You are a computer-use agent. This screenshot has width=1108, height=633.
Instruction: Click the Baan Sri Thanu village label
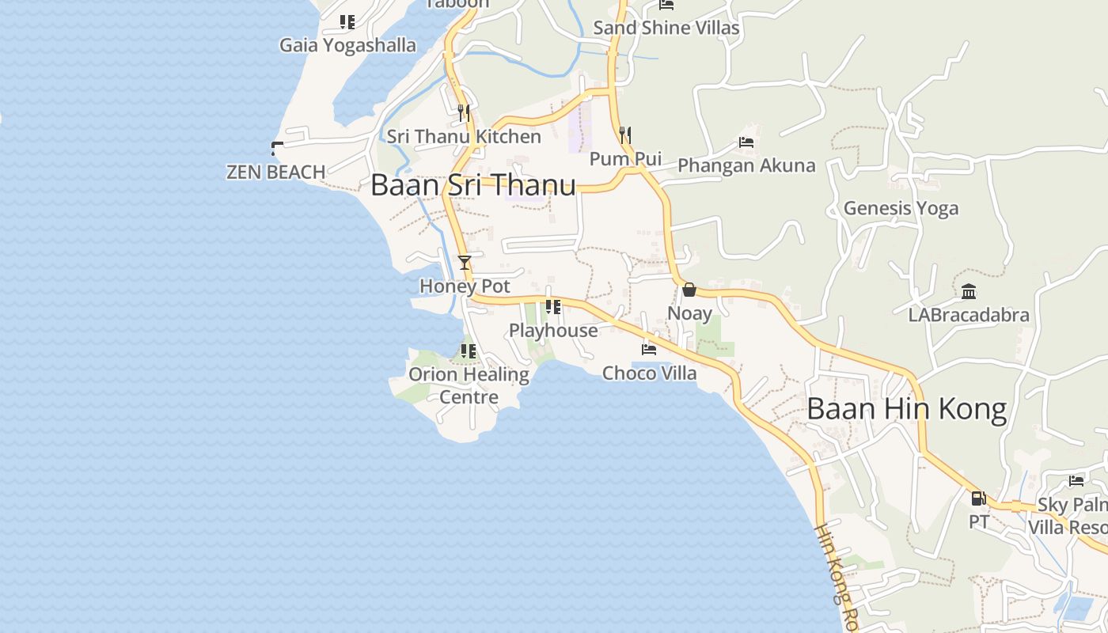click(472, 185)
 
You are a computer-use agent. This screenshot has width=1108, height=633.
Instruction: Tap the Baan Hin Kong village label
click(906, 409)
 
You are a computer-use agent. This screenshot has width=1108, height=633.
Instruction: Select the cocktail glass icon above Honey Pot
click(465, 263)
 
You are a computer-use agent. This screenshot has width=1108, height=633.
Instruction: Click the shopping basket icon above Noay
click(689, 290)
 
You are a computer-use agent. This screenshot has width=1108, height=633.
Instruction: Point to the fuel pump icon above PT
click(979, 498)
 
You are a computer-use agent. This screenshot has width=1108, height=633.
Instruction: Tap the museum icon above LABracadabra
click(969, 292)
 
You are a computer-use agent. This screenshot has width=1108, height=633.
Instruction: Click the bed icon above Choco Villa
click(649, 349)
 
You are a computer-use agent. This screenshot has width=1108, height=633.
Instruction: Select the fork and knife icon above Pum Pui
click(625, 135)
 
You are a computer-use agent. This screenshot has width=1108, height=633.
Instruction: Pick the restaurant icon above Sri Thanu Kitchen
click(464, 113)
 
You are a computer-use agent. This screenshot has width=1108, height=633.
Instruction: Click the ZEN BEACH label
click(275, 172)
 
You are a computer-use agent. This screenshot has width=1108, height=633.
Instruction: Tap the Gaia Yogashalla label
click(347, 45)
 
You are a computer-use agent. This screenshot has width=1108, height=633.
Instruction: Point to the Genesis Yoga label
click(901, 208)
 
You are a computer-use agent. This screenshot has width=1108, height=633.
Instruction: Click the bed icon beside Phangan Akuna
click(746, 142)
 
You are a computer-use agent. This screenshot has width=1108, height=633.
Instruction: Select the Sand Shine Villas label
click(666, 28)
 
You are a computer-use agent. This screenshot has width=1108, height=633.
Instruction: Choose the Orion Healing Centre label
click(469, 385)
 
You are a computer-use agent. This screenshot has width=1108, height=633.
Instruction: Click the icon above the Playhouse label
click(553, 307)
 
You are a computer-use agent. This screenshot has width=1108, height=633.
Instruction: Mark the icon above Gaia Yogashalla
click(347, 22)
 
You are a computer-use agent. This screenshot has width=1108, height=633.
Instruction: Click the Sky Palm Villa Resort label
click(1068, 516)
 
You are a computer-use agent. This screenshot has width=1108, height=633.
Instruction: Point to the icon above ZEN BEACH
click(276, 148)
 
